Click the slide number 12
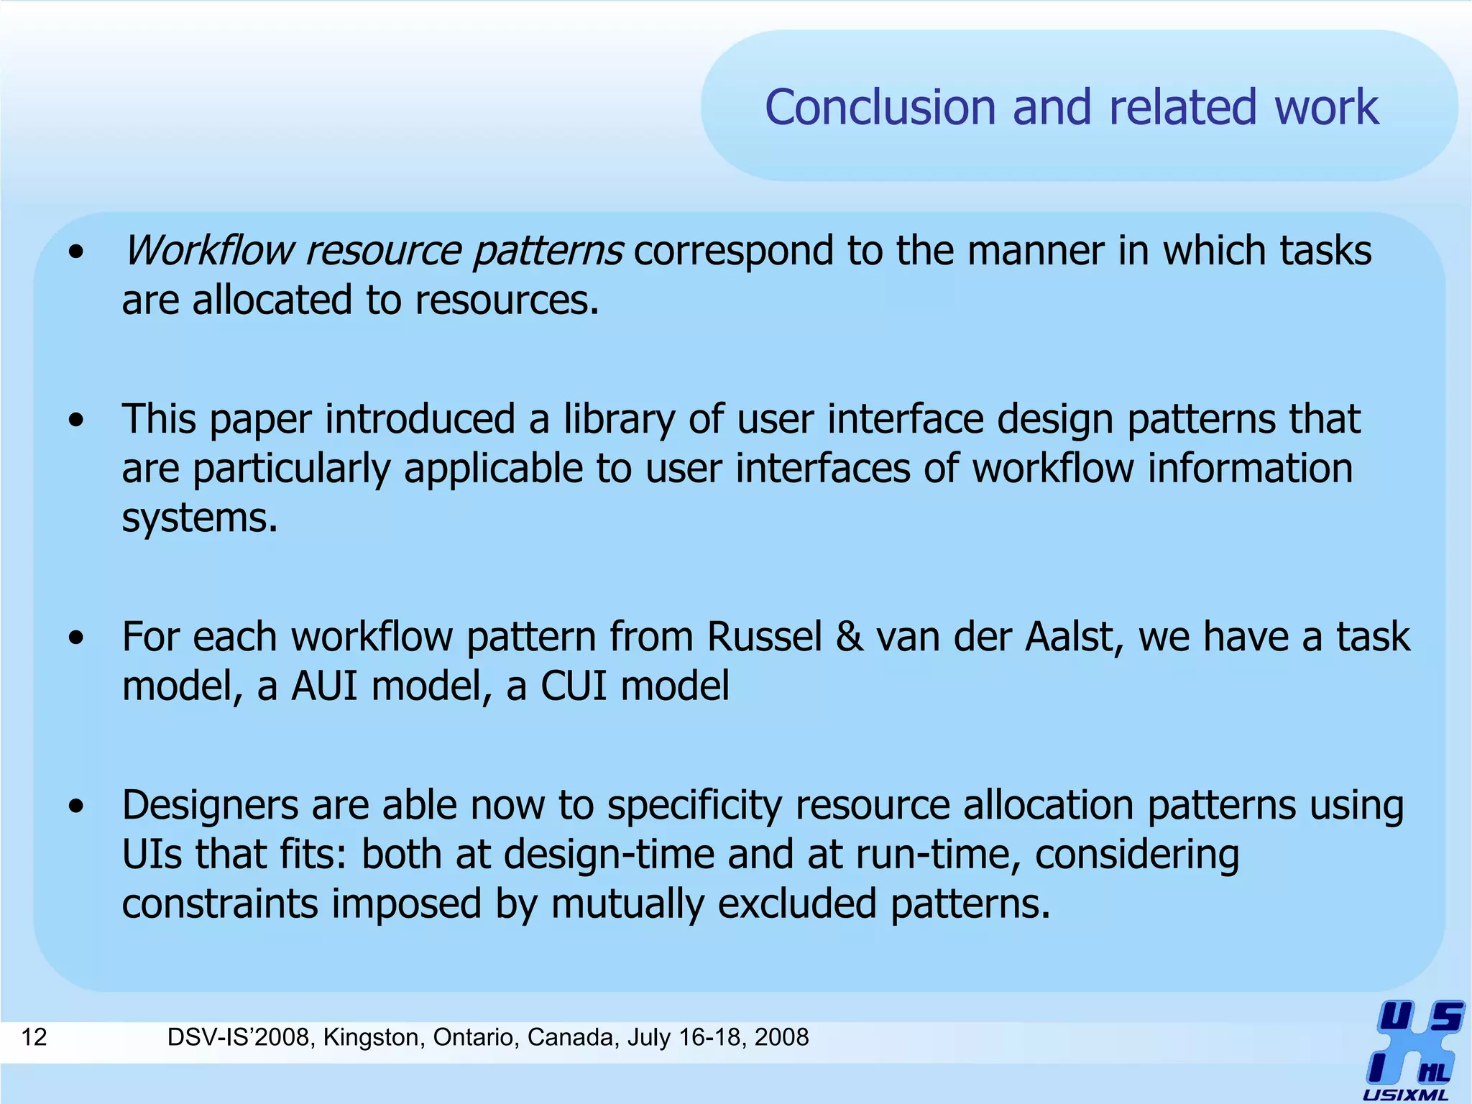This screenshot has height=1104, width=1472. click(x=34, y=1037)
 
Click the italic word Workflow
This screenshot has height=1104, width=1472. click(x=208, y=251)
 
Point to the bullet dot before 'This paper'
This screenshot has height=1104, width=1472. click(x=76, y=420)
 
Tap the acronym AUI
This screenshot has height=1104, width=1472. click(x=324, y=686)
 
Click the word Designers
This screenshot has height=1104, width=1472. click(x=210, y=806)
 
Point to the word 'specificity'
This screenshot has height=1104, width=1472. click(x=694, y=806)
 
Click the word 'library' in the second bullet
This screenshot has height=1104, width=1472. click(x=619, y=420)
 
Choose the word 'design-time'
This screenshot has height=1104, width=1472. click(x=609, y=855)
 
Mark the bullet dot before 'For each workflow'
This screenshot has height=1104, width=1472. click(x=76, y=638)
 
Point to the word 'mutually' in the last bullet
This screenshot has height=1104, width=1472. click(x=627, y=903)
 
